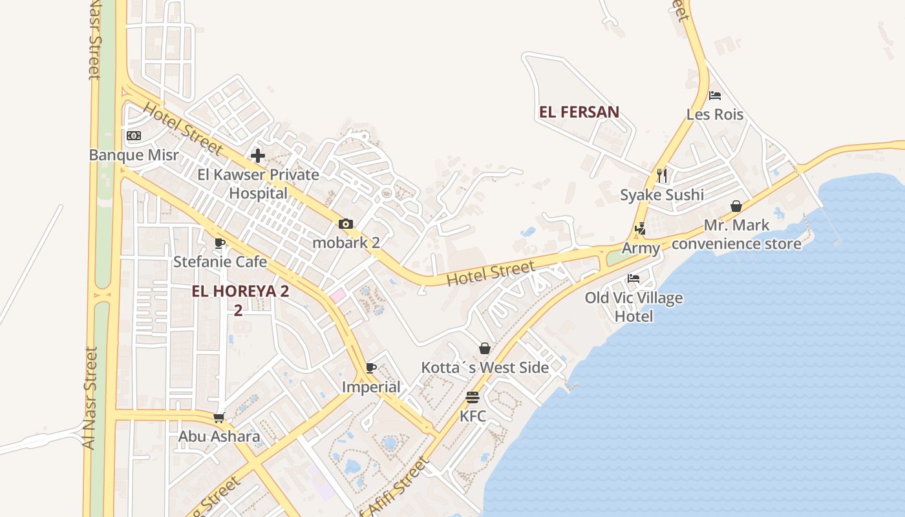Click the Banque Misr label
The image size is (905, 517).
pyautogui.click(x=134, y=155)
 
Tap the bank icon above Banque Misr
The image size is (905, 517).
pyautogui.click(x=134, y=136)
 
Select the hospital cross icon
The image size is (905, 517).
pyautogui.click(x=258, y=156)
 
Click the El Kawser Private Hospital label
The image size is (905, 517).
pyautogui.click(x=259, y=184)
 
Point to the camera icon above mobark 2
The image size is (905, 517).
pyautogui.click(x=346, y=224)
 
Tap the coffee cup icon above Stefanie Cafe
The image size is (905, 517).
pyautogui.click(x=220, y=243)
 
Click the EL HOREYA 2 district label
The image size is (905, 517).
pyautogui.click(x=240, y=291)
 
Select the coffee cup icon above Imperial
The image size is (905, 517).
pyautogui.click(x=370, y=368)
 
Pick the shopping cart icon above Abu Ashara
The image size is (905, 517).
pyautogui.click(x=219, y=417)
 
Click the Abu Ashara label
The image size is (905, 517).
pyautogui.click(x=219, y=436)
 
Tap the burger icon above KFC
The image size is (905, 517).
pyautogui.click(x=473, y=397)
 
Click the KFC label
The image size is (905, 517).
pyautogui.click(x=473, y=416)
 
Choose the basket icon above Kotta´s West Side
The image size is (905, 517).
pyautogui.click(x=485, y=349)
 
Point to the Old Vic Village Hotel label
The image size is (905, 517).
pyautogui.click(x=633, y=307)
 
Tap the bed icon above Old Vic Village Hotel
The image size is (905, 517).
pyautogui.click(x=633, y=279)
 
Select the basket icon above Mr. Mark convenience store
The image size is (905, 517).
pyautogui.click(x=736, y=207)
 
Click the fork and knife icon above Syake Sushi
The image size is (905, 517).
pyautogui.click(x=662, y=175)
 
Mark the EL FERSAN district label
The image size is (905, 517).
pyautogui.click(x=579, y=112)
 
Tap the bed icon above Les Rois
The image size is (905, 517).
pyautogui.click(x=715, y=96)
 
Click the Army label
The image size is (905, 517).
pyautogui.click(x=641, y=248)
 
